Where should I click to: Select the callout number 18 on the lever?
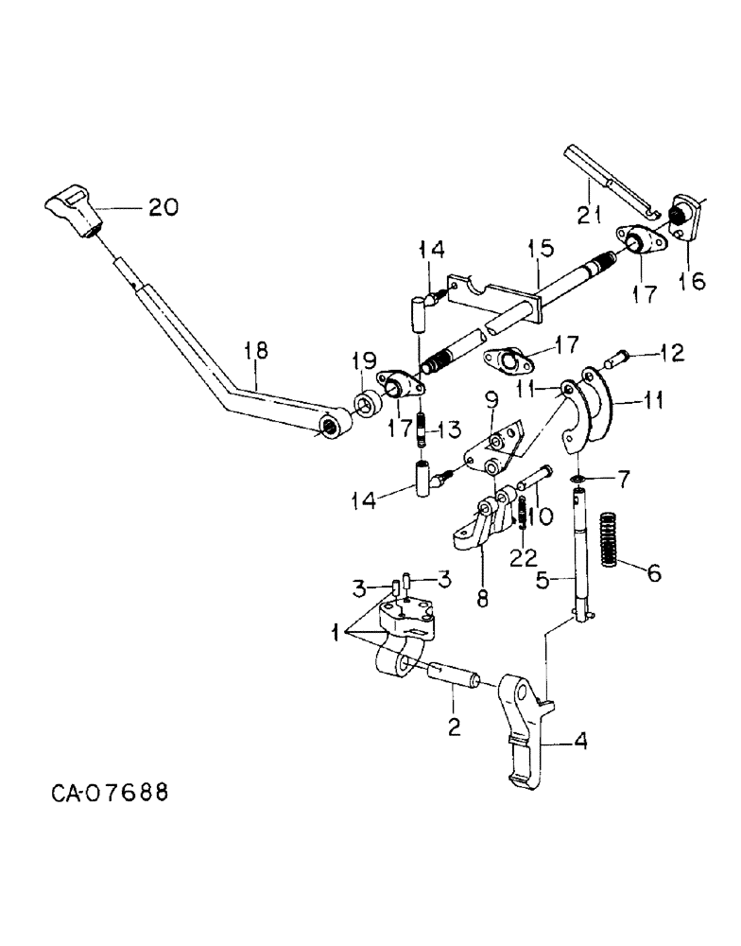click(254, 352)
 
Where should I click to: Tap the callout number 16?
click(691, 281)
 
